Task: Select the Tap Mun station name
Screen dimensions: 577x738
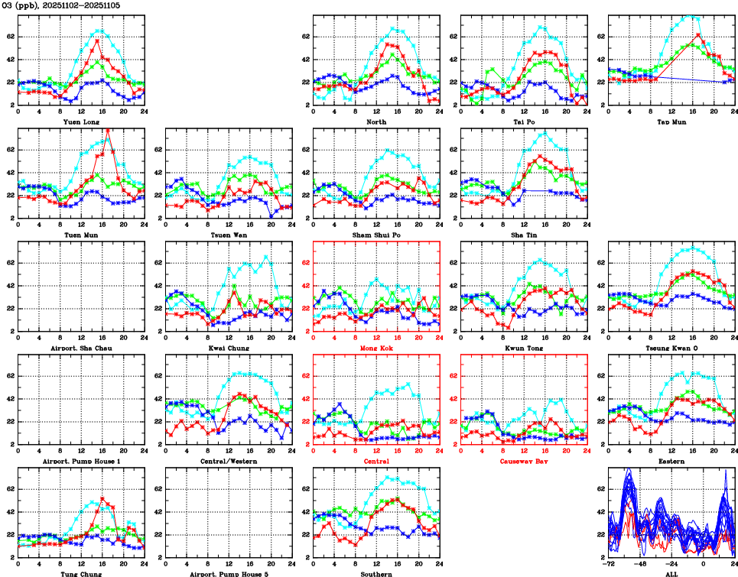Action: tap(671, 122)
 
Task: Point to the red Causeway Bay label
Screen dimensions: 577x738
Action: tap(524, 461)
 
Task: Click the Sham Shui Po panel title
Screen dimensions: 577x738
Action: tap(376, 235)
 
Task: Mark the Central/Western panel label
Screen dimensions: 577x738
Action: tap(229, 461)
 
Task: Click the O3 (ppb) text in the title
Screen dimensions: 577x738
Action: tap(21, 5)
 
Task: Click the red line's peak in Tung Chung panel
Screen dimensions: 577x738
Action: tap(102, 499)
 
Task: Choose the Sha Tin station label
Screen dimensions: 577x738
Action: tap(524, 235)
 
